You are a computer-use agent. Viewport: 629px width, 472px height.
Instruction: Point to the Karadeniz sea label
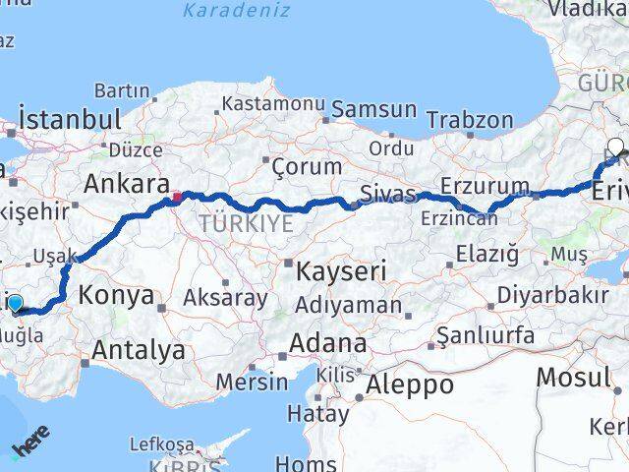pos(236,11)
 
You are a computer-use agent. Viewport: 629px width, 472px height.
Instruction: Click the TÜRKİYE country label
pos(246,223)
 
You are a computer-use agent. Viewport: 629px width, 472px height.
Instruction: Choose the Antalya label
pos(139,349)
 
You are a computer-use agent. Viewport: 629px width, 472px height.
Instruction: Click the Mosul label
pos(573,377)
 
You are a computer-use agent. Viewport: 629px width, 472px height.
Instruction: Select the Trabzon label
pos(470,121)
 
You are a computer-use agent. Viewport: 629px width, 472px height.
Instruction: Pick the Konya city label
pos(115,295)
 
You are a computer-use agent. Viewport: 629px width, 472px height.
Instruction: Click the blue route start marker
pos(16,303)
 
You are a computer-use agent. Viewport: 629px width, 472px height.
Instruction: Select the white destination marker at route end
pos(615,148)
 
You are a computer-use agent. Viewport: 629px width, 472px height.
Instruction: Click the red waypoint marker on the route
pos(176,197)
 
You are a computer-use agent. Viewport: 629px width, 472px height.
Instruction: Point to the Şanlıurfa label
pos(478,336)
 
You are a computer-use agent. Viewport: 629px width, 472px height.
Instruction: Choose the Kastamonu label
pos(273,103)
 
